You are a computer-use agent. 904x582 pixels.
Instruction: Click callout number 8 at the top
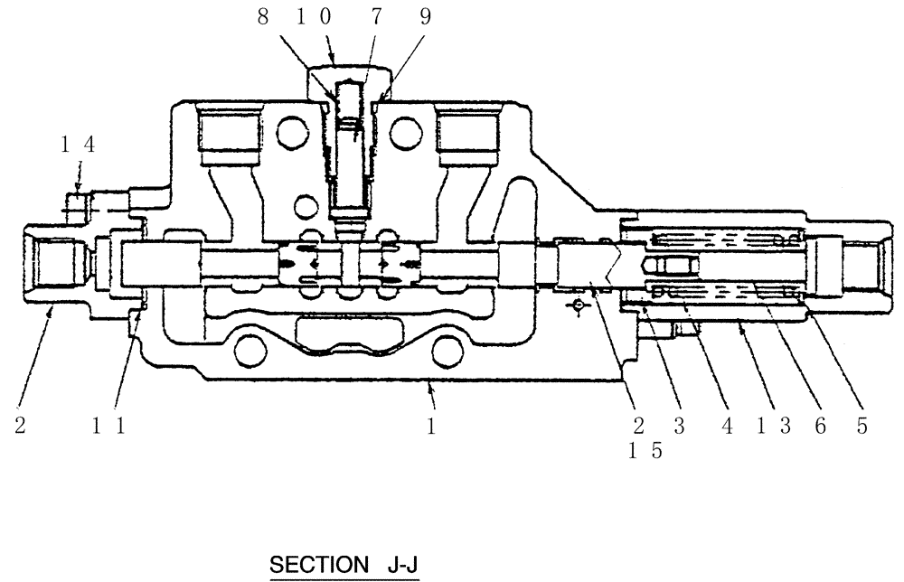263,19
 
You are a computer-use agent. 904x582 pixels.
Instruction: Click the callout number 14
78,143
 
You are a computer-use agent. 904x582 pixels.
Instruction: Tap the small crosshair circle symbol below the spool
577,307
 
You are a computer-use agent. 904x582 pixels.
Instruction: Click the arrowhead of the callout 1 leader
429,385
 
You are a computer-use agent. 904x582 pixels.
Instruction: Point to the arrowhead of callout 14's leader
78,188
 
